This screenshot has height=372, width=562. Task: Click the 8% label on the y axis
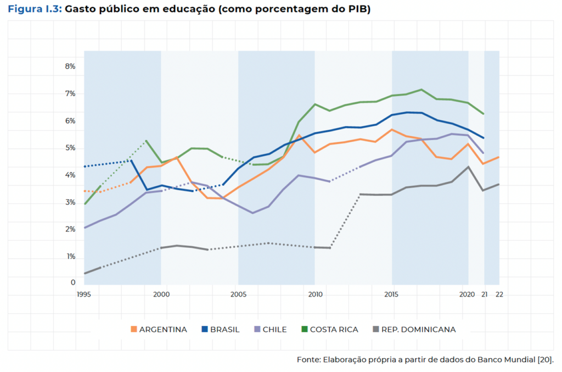pyautogui.click(x=70, y=66)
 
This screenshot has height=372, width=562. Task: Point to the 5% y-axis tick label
pyautogui.click(x=70, y=148)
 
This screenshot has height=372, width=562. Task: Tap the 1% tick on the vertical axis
pyautogui.click(x=70, y=257)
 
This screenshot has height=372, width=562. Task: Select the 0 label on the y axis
pyautogui.click(x=72, y=283)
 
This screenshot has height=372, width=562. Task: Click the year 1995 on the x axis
pyautogui.click(x=84, y=295)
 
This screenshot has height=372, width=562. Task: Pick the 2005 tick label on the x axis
pyautogui.click(x=238, y=295)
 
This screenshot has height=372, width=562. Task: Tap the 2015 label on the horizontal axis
pyautogui.click(x=392, y=295)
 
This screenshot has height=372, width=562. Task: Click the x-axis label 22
pyautogui.click(x=499, y=295)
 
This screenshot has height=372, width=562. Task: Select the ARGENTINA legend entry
pyautogui.click(x=163, y=330)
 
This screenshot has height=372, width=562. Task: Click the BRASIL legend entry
pyautogui.click(x=224, y=330)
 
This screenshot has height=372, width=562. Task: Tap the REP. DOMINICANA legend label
pyautogui.click(x=418, y=330)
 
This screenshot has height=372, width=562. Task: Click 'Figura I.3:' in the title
pyautogui.click(x=35, y=10)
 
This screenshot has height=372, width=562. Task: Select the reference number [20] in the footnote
pyautogui.click(x=545, y=360)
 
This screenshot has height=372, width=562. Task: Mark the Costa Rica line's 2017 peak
pyautogui.click(x=421, y=90)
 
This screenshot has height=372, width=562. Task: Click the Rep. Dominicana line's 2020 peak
pyautogui.click(x=468, y=167)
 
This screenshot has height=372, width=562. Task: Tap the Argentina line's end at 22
pyautogui.click(x=499, y=157)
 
